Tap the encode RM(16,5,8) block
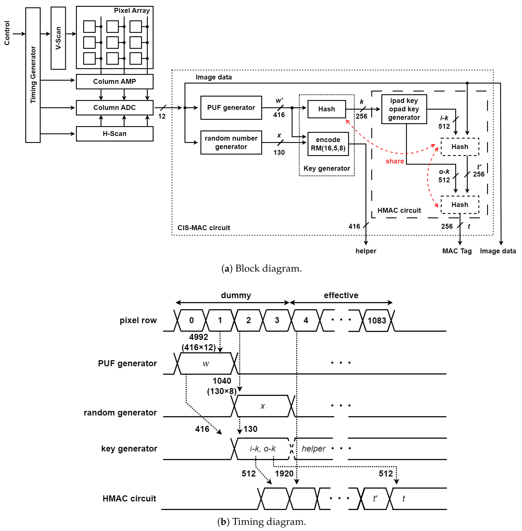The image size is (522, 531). [328, 144]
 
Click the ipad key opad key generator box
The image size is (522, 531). [404, 109]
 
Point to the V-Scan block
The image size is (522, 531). [58, 38]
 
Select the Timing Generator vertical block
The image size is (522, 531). [33, 75]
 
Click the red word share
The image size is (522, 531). [395, 161]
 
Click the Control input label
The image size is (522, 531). [7, 33]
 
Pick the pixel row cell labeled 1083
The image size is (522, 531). [377, 320]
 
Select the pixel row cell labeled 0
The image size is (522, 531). [191, 320]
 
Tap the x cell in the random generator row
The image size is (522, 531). [262, 406]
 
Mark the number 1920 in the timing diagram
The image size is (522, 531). [284, 473]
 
